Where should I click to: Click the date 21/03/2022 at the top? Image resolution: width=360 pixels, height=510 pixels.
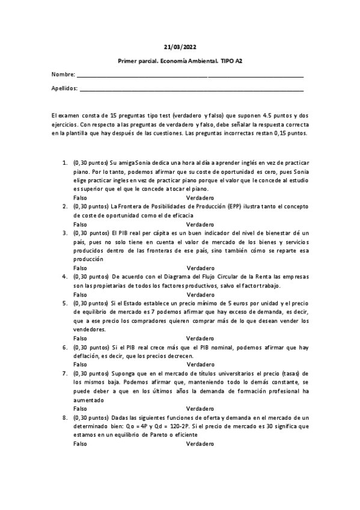point(180,46)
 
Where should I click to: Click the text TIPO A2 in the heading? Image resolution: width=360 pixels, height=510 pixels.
point(231,61)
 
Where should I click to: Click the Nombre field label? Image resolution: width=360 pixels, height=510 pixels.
point(63,75)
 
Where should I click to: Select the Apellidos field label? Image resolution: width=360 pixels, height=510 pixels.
point(65,88)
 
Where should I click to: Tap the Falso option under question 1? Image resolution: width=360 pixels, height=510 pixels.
point(79,197)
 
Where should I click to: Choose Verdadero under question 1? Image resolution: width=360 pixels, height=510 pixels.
point(200,197)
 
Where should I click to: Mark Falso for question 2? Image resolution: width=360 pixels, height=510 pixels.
point(79,224)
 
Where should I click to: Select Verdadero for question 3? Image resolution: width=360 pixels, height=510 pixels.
point(200,267)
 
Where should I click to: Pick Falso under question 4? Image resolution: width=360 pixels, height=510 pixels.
point(79,295)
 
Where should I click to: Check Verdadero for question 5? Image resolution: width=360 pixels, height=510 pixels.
point(200,338)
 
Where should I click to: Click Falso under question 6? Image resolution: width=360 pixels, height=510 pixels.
point(79,364)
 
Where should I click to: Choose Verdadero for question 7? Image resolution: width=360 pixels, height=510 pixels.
point(200,408)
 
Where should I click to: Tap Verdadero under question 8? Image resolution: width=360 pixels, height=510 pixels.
point(200,443)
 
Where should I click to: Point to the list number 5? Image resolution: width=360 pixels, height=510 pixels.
point(65,303)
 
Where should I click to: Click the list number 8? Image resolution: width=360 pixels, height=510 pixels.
point(65,417)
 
